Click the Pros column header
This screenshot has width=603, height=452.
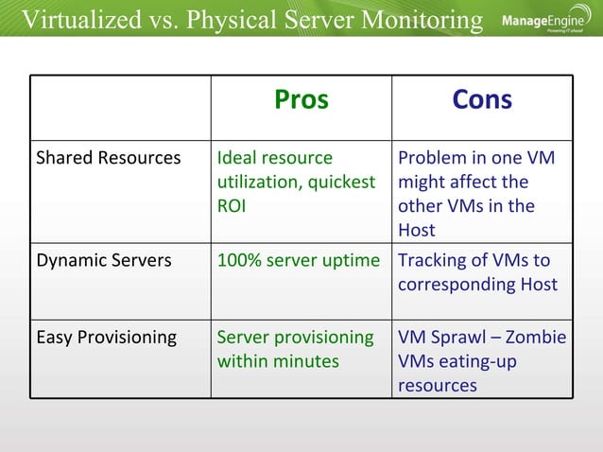point(301,100)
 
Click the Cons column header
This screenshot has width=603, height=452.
point(482,100)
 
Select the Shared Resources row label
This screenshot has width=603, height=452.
point(108,158)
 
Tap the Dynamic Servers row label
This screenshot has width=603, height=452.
point(103,260)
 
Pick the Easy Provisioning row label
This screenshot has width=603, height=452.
point(106,338)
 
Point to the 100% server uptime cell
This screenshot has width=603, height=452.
point(298,260)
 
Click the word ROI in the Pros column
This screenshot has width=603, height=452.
point(232,206)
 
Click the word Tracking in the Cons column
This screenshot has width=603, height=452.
point(433,260)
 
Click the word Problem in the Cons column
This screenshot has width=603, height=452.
point(433,158)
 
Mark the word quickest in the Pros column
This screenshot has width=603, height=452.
point(336,182)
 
